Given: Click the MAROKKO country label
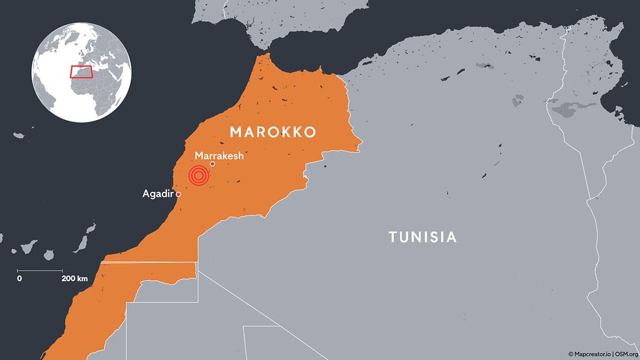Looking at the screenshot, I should click(272, 132).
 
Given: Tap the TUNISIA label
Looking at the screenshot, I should click(422, 237).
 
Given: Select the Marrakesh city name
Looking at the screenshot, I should click(219, 155).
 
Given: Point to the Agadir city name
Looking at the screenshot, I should click(158, 194).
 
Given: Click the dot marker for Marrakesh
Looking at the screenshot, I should click(212, 164).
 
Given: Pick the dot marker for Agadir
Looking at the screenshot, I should click(179, 194).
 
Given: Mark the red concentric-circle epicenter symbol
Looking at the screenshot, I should click(199, 177).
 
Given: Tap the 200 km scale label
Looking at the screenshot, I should click(74, 278).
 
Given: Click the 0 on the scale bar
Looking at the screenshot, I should click(19, 278).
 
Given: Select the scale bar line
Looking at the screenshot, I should click(40, 270).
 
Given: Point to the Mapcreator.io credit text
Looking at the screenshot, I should click(591, 354).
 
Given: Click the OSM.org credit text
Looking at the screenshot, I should click(625, 354).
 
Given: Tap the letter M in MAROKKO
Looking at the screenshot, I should click(235, 132).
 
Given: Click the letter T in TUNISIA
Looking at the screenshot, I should click(392, 237).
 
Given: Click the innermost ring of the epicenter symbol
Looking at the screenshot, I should click(199, 177).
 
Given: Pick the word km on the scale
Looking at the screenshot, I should click(82, 278).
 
